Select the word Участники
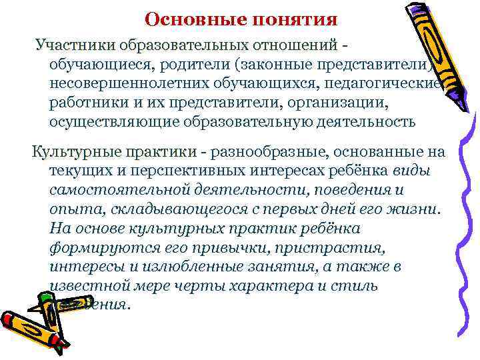click(76, 46)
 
